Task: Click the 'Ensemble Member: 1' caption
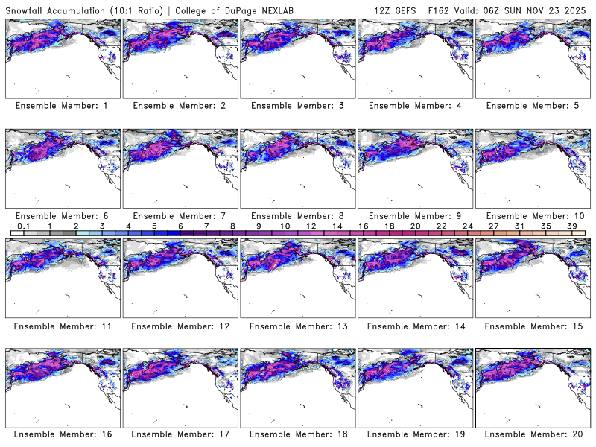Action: coord(62,106)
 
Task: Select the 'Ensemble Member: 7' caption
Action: coord(180,215)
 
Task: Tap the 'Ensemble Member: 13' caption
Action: coord(297,326)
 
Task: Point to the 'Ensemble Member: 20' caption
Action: coord(532,434)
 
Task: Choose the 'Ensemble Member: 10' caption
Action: coord(532,215)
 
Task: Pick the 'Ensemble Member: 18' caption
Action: coord(297,434)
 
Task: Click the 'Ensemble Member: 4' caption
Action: coord(414,106)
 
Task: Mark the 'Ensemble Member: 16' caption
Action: coord(62,434)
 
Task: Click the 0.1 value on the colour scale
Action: coord(23,226)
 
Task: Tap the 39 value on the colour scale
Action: coord(572,226)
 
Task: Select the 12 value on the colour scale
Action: coord(310,226)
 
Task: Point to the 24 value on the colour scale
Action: coord(467,226)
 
